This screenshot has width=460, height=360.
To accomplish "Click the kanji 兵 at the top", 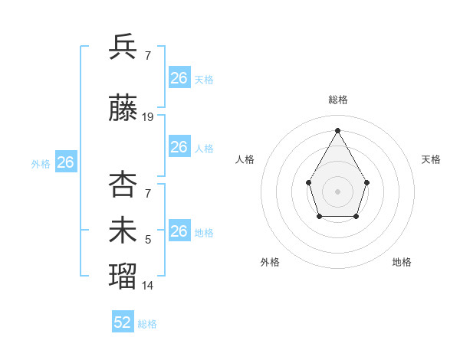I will [123, 47].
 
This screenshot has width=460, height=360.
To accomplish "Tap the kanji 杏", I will [123, 184].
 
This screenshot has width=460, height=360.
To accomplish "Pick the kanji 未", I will [123, 231].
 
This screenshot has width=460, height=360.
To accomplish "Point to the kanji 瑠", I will [123, 275].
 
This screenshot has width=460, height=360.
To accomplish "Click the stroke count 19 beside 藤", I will [148, 117].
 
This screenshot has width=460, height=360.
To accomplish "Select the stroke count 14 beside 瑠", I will [148, 286].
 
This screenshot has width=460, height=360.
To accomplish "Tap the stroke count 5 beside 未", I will [148, 241].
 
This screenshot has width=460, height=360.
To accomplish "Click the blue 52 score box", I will [123, 322].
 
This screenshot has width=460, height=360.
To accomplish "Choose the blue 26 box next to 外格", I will [66, 162].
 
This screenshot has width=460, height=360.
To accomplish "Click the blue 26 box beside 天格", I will [179, 78].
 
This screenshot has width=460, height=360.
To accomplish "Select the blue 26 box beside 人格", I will [179, 147].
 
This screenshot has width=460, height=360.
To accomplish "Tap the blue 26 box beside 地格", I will [179, 231].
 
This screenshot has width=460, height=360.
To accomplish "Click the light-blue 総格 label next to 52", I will [147, 324].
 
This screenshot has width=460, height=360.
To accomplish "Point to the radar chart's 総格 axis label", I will [337, 100].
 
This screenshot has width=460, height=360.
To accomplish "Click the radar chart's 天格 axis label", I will [431, 159].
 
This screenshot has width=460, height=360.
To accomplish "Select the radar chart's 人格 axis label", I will [245, 159].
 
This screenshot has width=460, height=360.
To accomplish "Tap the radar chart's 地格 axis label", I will [402, 262].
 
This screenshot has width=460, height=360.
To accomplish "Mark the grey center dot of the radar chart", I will [337, 191].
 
